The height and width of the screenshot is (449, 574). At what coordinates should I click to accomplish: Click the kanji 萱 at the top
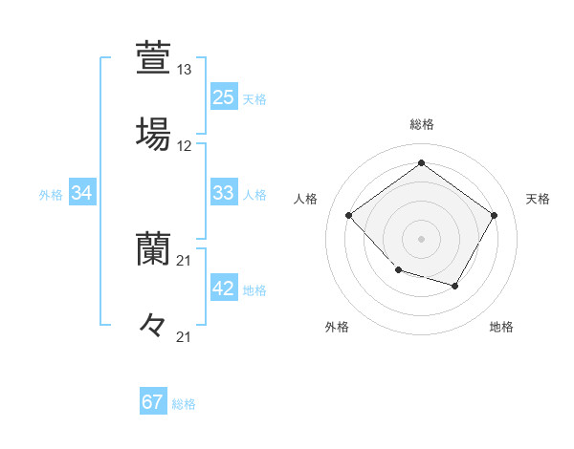(x=152, y=57)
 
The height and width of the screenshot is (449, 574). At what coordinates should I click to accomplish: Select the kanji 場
(x=152, y=133)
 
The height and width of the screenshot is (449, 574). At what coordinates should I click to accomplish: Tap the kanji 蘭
(x=152, y=249)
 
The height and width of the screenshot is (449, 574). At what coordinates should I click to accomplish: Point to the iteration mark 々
(x=152, y=325)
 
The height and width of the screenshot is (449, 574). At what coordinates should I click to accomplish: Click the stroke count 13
(x=185, y=70)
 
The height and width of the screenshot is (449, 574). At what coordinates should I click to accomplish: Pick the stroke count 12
(x=185, y=146)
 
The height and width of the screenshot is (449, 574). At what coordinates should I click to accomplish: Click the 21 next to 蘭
(x=185, y=261)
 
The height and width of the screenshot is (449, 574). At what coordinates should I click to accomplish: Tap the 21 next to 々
(x=185, y=336)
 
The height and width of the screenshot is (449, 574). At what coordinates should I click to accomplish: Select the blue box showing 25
(x=223, y=97)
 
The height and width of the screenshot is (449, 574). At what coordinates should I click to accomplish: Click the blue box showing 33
(x=223, y=193)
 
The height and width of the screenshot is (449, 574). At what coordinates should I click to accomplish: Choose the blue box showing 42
(x=223, y=289)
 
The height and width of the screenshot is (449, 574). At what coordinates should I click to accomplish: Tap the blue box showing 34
(x=82, y=193)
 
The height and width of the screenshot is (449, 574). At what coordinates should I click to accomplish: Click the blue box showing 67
(x=153, y=402)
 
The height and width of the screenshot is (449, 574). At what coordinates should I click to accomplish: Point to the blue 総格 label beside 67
(x=184, y=404)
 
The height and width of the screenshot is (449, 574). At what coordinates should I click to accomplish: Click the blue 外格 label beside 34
(x=51, y=195)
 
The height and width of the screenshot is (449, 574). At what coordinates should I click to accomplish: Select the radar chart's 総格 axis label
(x=421, y=124)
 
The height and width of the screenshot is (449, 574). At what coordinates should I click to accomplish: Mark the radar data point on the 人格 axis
(x=349, y=215)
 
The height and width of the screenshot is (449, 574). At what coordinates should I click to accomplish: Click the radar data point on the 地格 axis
(x=455, y=286)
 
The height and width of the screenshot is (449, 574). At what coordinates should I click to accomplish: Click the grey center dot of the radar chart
(x=421, y=238)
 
